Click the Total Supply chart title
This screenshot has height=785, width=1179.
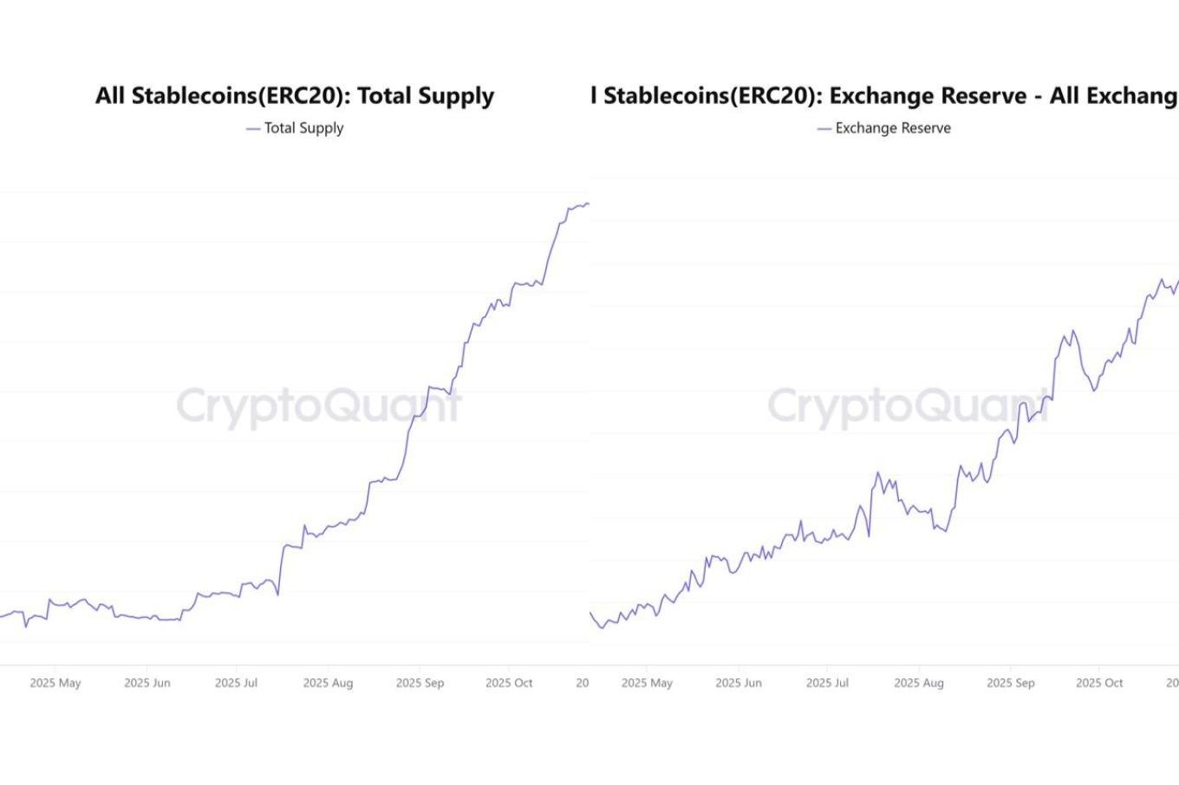pyautogui.click(x=295, y=95)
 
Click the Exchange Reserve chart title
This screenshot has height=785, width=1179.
pyautogui.click(x=884, y=95)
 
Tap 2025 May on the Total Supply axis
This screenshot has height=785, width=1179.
pyautogui.click(x=55, y=683)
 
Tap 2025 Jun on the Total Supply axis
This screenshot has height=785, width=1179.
pyautogui.click(x=147, y=683)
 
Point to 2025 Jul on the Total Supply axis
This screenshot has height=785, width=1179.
pyautogui.click(x=236, y=683)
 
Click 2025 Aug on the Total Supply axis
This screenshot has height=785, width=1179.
pyautogui.click(x=328, y=683)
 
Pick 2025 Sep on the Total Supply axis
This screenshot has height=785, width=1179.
pyautogui.click(x=420, y=683)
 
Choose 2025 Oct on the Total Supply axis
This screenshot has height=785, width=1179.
pyautogui.click(x=509, y=683)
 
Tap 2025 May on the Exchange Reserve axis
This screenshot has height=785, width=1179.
pyautogui.click(x=647, y=683)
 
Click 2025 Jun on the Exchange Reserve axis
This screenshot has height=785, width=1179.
pyautogui.click(x=739, y=683)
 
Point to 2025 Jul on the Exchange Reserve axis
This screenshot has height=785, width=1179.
pyautogui.click(x=827, y=683)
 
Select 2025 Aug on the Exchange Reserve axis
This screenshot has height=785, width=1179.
pyautogui.click(x=919, y=683)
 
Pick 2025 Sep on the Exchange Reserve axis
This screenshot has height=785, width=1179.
pyautogui.click(x=1011, y=683)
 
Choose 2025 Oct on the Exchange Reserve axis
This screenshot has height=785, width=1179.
pyautogui.click(x=1099, y=683)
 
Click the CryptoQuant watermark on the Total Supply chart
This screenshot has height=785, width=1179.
pyautogui.click(x=319, y=405)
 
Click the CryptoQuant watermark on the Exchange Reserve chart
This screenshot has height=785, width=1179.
pyautogui.click(x=909, y=405)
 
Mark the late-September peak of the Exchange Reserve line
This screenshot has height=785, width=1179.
pyautogui.click(x=1073, y=330)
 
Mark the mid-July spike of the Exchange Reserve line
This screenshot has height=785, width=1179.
pyautogui.click(x=877, y=473)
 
